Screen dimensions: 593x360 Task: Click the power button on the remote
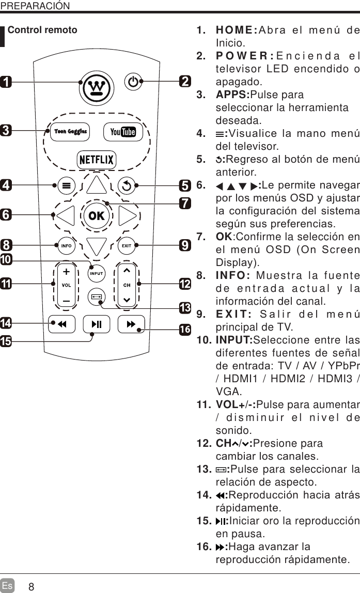coord(133,82)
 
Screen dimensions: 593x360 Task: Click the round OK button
coord(97,216)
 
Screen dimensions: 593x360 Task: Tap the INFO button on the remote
coord(67,245)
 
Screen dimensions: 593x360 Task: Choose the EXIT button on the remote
coord(127,245)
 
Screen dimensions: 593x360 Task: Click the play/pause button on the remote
coord(97,324)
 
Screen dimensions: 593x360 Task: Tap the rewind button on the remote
coord(61,324)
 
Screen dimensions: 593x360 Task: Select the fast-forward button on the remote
coord(131,324)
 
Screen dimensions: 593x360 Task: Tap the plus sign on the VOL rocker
coord(66,272)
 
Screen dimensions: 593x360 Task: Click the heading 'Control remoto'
coord(42,30)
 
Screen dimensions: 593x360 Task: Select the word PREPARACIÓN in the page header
coord(35,6)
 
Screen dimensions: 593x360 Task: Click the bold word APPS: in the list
coord(232,96)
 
